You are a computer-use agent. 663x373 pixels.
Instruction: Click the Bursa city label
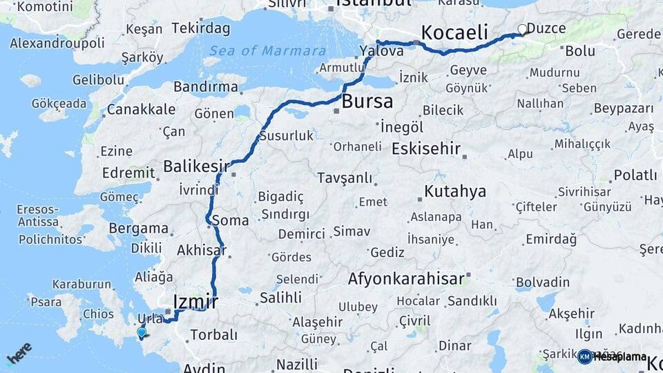(368, 102)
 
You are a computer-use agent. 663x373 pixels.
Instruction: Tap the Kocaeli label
(454, 32)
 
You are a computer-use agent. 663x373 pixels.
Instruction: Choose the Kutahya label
(455, 191)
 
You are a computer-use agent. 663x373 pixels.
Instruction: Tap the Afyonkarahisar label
(405, 279)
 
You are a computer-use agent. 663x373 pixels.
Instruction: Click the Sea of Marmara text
(267, 50)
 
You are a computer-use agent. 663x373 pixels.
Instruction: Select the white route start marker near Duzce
(523, 30)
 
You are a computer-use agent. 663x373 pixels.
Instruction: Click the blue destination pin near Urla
(142, 332)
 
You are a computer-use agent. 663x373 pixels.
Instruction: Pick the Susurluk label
(286, 136)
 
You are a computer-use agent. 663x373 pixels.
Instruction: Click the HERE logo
(19, 354)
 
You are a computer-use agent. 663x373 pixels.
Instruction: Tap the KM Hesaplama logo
(612, 356)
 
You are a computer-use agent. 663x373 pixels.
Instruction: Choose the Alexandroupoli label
(57, 43)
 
